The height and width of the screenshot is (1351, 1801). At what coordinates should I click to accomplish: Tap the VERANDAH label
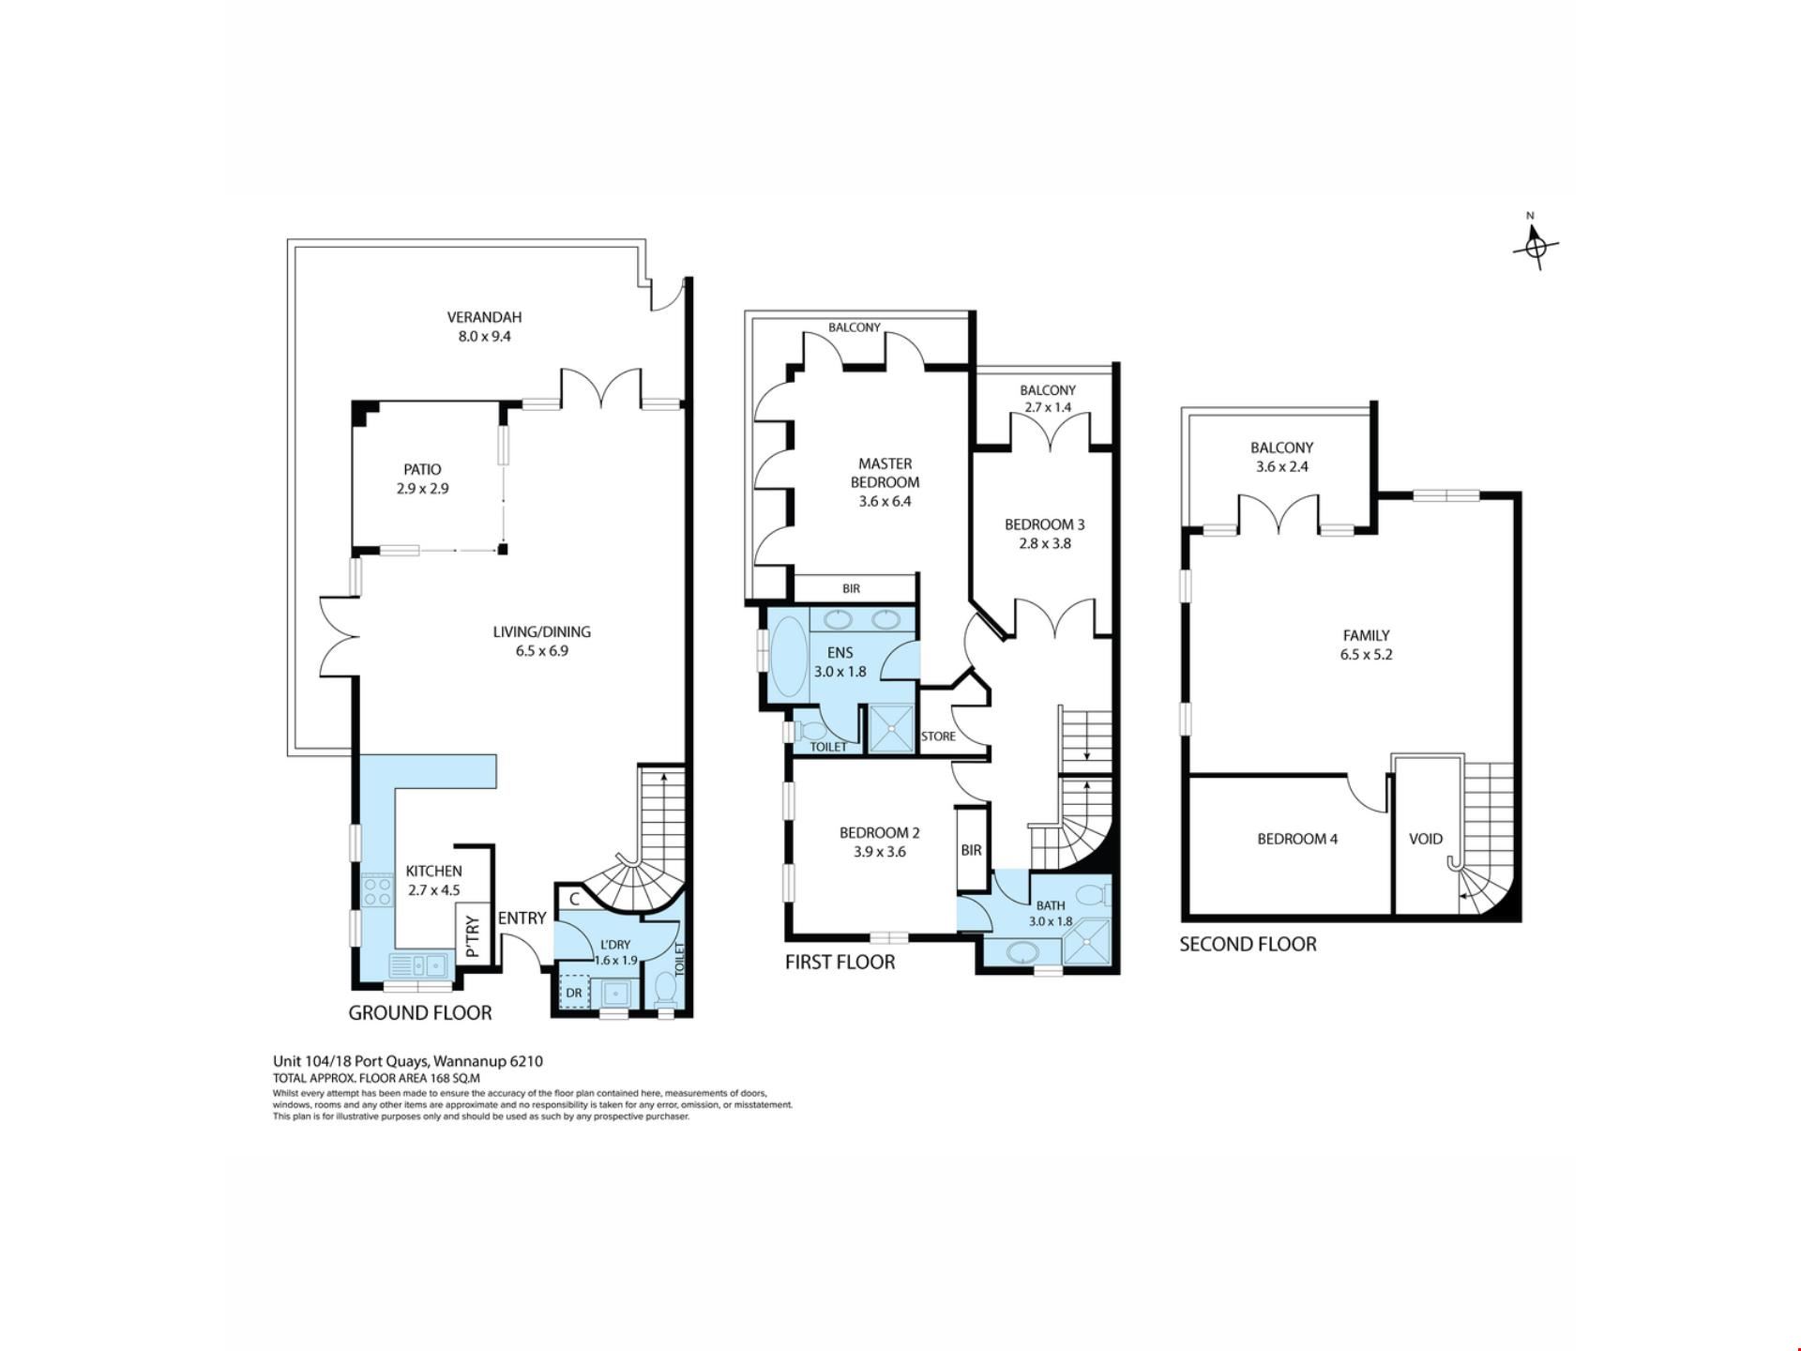tap(484, 317)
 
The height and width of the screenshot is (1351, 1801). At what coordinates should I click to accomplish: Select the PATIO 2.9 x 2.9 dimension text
tap(422, 489)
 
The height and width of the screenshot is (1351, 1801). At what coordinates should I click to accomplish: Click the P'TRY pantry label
tap(472, 935)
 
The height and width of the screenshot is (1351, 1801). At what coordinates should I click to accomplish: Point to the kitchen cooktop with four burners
tap(377, 890)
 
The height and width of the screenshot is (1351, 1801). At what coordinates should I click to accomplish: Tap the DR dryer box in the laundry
tap(573, 992)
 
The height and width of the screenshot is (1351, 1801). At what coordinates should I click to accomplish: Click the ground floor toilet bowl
tap(665, 989)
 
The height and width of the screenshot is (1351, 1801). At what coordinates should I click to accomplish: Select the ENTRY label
tap(522, 918)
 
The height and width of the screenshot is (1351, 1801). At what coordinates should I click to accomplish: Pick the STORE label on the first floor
tap(938, 736)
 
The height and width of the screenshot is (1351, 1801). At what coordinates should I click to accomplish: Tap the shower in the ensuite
tap(890, 728)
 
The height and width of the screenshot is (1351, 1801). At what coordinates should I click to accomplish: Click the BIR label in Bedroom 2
tap(971, 850)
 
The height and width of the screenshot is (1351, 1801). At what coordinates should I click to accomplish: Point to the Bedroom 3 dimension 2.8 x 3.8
tap(1045, 543)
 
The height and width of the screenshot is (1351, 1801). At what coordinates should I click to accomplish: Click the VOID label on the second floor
tap(1426, 839)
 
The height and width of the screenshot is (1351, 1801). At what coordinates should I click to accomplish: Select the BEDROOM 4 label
tap(1297, 839)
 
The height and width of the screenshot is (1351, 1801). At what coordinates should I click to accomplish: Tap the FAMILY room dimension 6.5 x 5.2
tap(1366, 655)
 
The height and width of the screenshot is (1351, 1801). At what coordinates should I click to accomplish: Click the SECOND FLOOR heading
tap(1248, 945)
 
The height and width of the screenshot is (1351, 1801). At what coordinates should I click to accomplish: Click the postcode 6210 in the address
tap(526, 1061)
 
